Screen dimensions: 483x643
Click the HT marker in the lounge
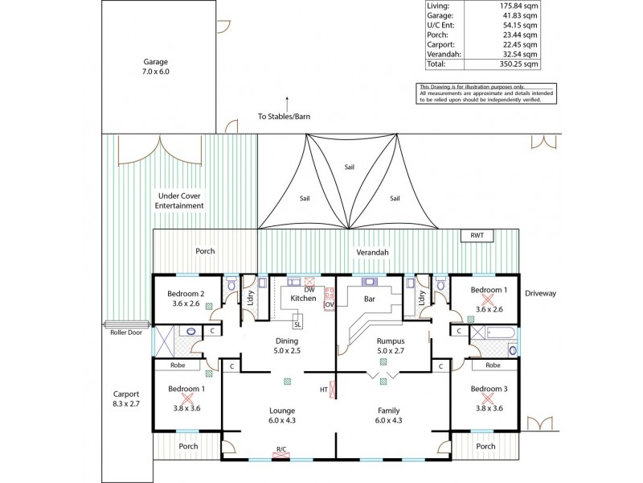(x=323, y=390)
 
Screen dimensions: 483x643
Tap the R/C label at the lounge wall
(x=281, y=449)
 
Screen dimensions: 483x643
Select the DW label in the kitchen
(x=309, y=290)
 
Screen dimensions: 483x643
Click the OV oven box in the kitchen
(x=329, y=304)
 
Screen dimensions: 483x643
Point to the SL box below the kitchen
(x=297, y=324)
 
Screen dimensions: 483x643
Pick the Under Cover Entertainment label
(x=179, y=200)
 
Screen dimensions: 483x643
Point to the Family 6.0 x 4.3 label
(x=388, y=415)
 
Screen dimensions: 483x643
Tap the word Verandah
(x=374, y=253)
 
